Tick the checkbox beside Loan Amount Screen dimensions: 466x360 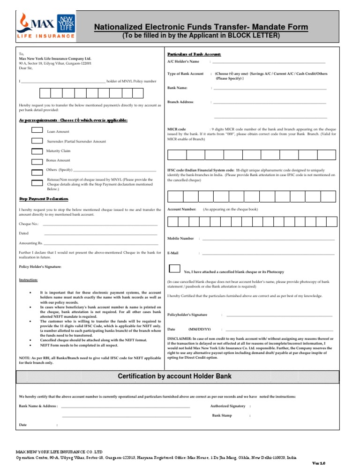(37, 130)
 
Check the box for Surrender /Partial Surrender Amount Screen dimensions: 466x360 (37, 140)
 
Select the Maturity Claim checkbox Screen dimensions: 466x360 (37, 151)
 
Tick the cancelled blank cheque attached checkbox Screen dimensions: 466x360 (174, 269)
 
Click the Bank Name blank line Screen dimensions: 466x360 (270, 88)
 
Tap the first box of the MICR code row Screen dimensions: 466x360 (177, 155)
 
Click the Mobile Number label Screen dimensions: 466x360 (180, 239)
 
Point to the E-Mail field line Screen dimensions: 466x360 (268, 254)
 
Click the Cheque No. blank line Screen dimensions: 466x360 (100, 225)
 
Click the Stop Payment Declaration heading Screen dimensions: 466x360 (44, 199)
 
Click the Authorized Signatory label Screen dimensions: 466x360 (228, 406)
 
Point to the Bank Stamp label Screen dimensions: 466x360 (222, 415)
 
